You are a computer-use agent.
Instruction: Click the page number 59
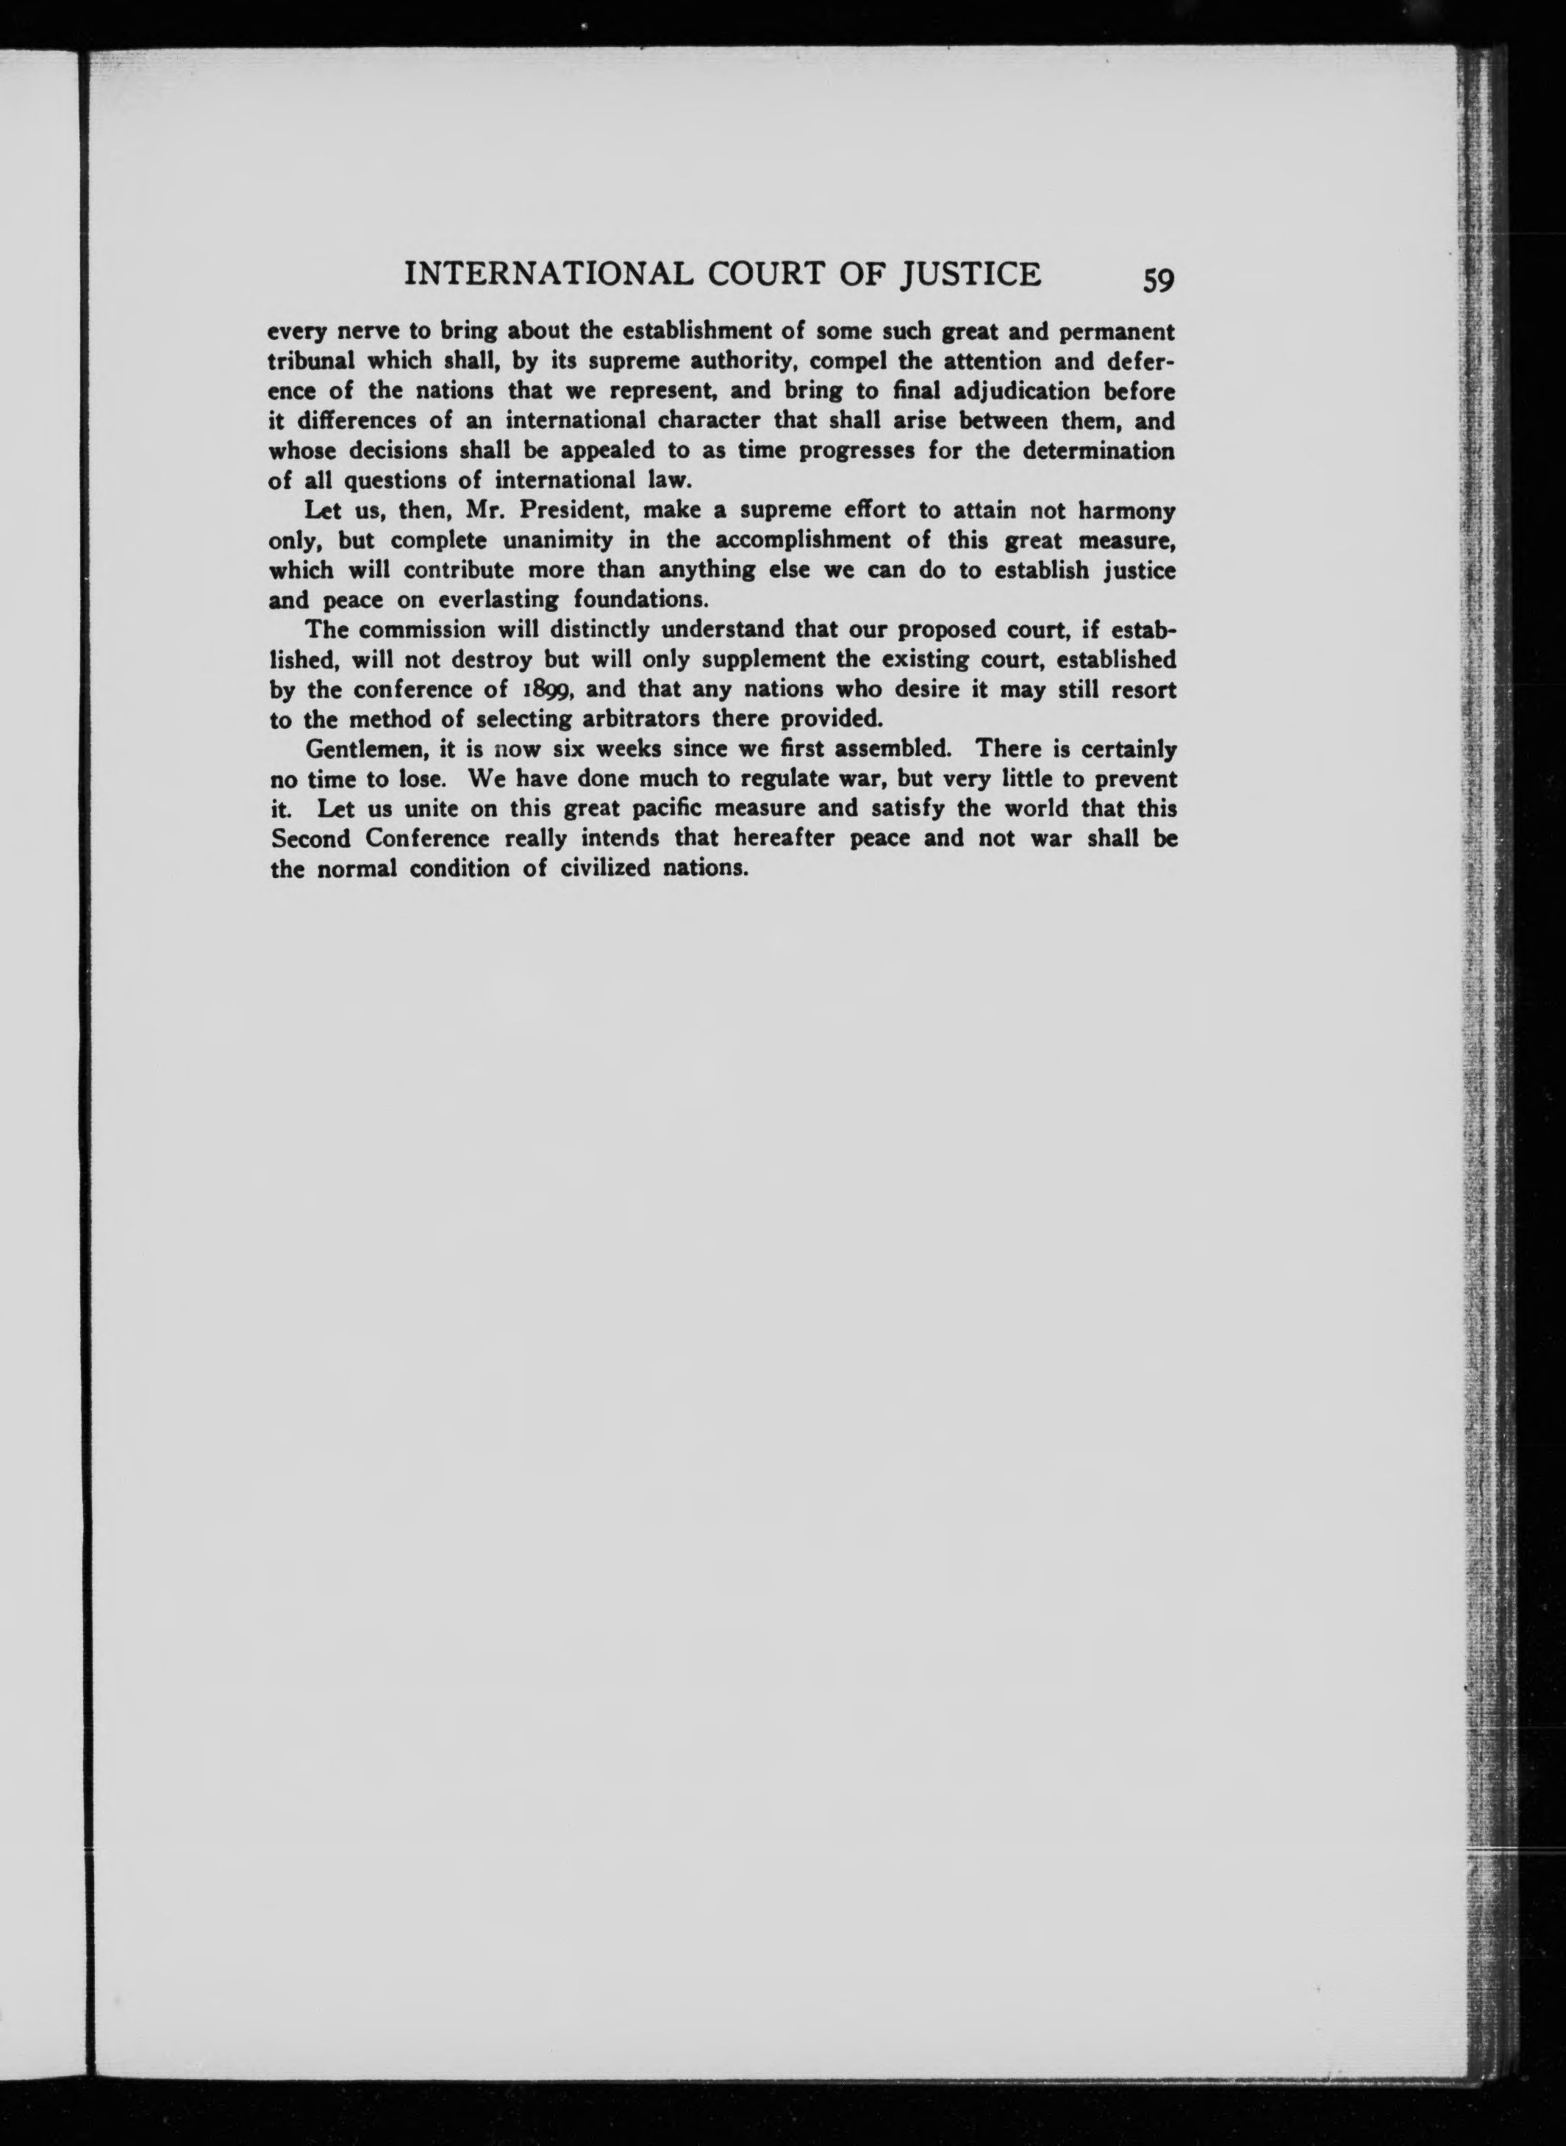tap(1159, 281)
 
